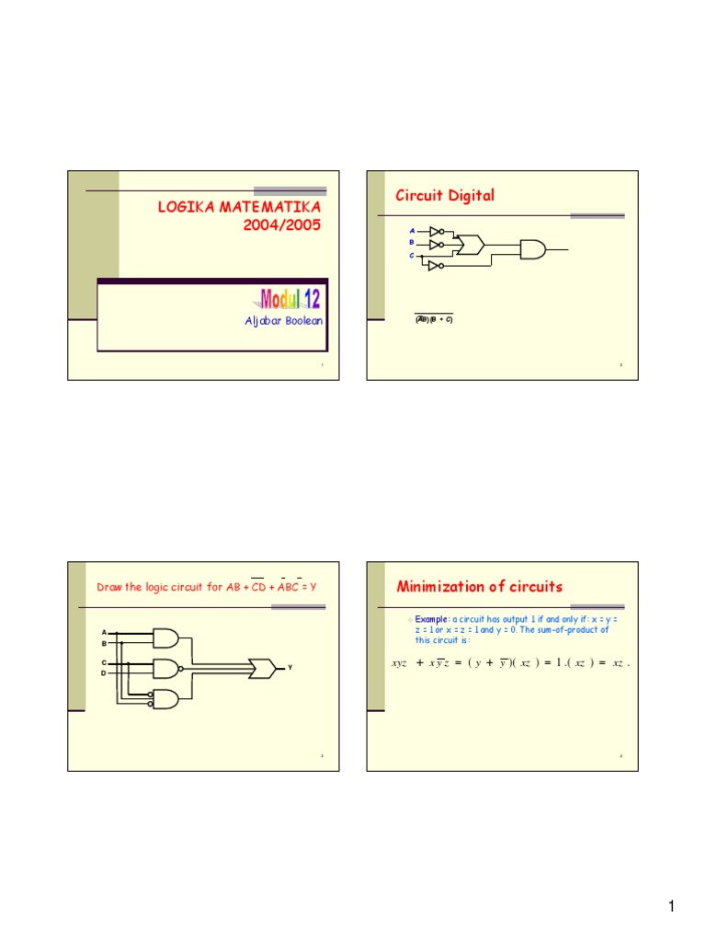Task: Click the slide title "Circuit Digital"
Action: click(x=445, y=195)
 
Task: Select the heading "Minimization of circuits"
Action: click(x=479, y=587)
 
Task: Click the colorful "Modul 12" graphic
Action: click(x=290, y=299)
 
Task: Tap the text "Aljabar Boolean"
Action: click(x=283, y=320)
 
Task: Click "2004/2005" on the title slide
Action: click(x=289, y=225)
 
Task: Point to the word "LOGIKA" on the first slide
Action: click(x=188, y=209)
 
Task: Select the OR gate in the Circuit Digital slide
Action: click(x=473, y=245)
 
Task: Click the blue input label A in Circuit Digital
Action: click(x=412, y=230)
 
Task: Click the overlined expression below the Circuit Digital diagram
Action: click(x=432, y=319)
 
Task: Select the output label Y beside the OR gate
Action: click(x=290, y=667)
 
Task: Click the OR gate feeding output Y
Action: click(x=261, y=668)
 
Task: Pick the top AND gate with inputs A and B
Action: click(x=165, y=638)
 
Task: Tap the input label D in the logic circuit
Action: click(x=104, y=674)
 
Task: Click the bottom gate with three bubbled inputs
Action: click(x=165, y=699)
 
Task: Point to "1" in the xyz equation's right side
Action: click(x=550, y=662)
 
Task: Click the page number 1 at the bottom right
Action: click(x=672, y=909)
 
